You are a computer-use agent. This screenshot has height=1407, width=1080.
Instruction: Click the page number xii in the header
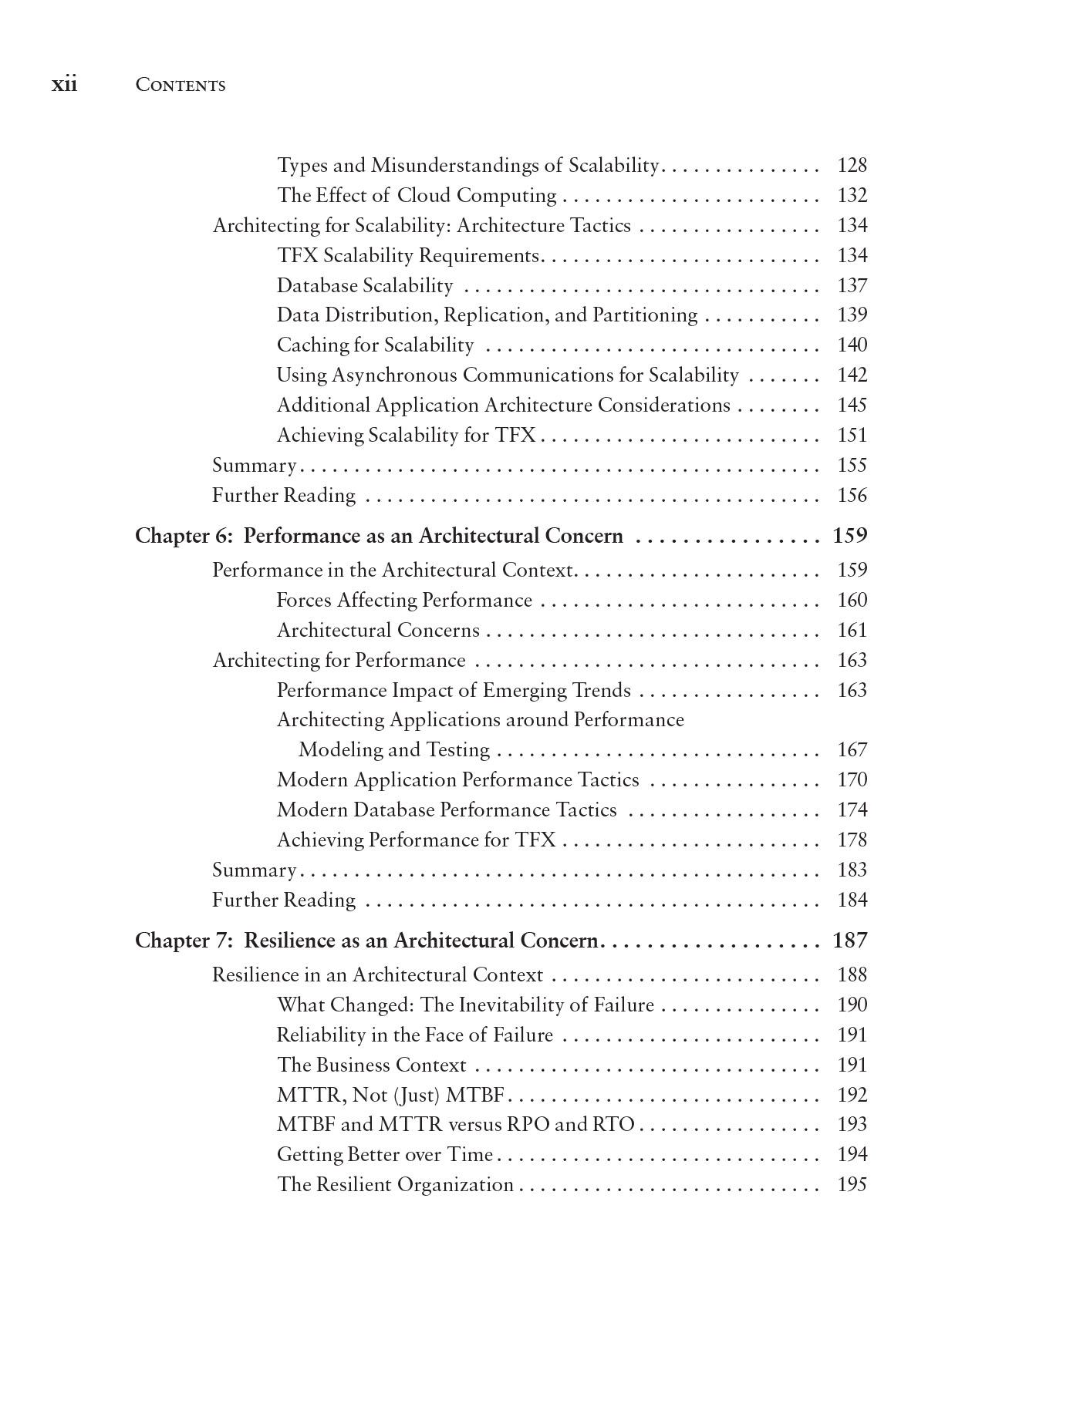coord(64,84)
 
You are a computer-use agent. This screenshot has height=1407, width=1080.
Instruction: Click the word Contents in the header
coord(180,85)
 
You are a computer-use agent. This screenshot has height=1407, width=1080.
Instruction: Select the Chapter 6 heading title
coord(379,536)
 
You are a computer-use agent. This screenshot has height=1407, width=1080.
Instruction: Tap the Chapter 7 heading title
coord(366,941)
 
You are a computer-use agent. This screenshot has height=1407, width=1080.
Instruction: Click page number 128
coord(852,166)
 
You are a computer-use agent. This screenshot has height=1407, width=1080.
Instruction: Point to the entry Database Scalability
coord(364,286)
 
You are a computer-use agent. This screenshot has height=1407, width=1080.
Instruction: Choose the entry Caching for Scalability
coord(375,345)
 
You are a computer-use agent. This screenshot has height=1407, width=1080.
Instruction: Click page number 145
coord(852,406)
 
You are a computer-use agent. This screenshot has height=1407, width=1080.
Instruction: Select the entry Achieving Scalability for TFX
coord(406,436)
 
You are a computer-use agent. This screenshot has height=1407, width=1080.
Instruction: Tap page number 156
coord(852,496)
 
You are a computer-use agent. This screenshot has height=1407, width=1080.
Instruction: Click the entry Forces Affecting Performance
coord(404,601)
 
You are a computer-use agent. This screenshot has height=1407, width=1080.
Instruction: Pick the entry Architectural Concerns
coord(378,631)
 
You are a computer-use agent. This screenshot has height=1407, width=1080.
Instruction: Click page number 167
coord(852,750)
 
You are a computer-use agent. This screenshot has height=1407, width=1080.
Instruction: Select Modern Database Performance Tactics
coord(447,810)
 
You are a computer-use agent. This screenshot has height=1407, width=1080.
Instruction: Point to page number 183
coord(852,870)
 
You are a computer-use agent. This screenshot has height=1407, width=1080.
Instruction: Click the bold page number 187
coord(850,941)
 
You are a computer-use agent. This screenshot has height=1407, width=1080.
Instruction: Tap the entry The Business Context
coord(371,1065)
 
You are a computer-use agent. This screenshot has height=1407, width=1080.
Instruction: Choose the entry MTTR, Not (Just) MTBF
coord(390,1096)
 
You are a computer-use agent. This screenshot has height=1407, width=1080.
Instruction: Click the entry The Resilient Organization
coord(395,1185)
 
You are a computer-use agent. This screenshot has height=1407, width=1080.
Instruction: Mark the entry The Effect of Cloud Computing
coord(417,196)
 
